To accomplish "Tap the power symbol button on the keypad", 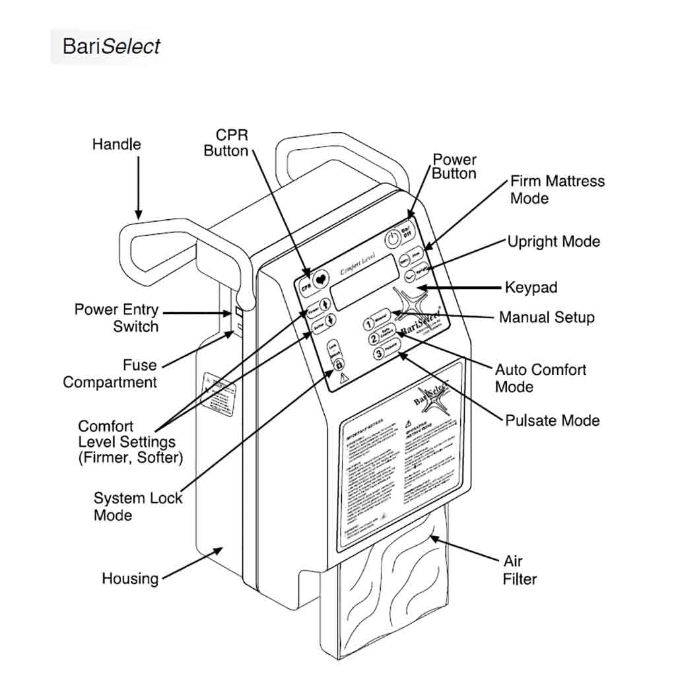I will click(393, 238).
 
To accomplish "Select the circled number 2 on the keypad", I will click(374, 339).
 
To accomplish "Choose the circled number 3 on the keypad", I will click(379, 354).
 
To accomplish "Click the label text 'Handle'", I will click(116, 144).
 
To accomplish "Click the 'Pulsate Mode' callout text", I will click(553, 421).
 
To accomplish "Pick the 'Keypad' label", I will click(531, 288).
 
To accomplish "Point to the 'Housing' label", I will click(130, 579).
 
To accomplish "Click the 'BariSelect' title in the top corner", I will click(111, 46).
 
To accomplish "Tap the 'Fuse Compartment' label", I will click(110, 374).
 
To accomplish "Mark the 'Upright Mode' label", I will click(554, 242).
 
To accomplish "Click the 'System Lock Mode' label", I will click(137, 506).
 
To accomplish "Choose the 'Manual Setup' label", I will click(547, 318).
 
